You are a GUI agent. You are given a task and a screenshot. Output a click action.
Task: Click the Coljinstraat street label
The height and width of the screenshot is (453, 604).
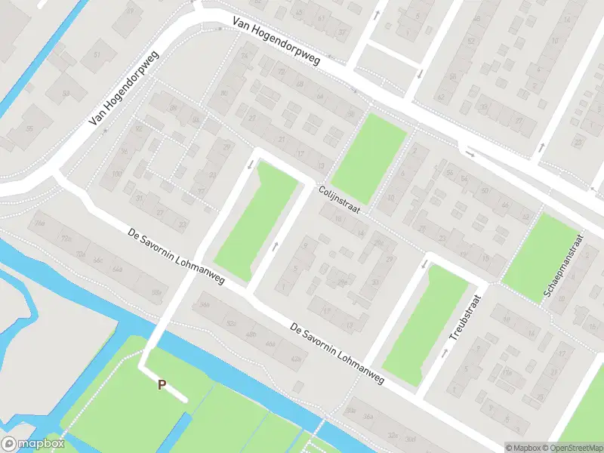click(x=339, y=201)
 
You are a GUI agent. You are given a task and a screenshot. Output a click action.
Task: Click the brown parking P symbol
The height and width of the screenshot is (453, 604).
click(x=162, y=384)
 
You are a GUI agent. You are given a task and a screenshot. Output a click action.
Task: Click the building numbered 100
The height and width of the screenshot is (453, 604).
click(x=116, y=175)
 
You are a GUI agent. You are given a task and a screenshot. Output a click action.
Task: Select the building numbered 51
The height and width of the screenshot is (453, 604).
click(x=97, y=56)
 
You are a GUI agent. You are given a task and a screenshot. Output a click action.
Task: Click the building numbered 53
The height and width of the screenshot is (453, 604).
click(x=65, y=94)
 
